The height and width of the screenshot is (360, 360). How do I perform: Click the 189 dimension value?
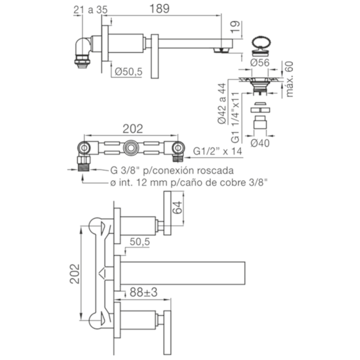[x=160, y=9]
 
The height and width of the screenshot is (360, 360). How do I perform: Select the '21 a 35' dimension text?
[x=90, y=10]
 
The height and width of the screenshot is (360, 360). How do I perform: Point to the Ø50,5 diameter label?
[x=129, y=72]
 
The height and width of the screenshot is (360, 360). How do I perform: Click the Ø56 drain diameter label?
[x=260, y=63]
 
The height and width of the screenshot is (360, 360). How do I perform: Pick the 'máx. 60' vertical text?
[x=289, y=79]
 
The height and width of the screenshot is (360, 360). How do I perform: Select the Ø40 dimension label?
[x=260, y=143]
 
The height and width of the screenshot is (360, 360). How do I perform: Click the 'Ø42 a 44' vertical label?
[x=222, y=104]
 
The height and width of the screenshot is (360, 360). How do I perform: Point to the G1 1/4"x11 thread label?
[x=235, y=118]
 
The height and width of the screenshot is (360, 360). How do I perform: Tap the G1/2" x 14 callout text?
[x=218, y=151]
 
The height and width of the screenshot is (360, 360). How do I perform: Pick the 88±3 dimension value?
[x=144, y=292]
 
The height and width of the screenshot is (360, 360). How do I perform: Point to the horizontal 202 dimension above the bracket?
[x=133, y=129]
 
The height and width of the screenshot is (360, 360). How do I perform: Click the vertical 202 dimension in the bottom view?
[x=75, y=274]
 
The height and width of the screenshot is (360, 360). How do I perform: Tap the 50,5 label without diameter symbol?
[x=140, y=242]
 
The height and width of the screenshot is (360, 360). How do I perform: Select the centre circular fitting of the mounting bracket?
[x=130, y=148]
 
